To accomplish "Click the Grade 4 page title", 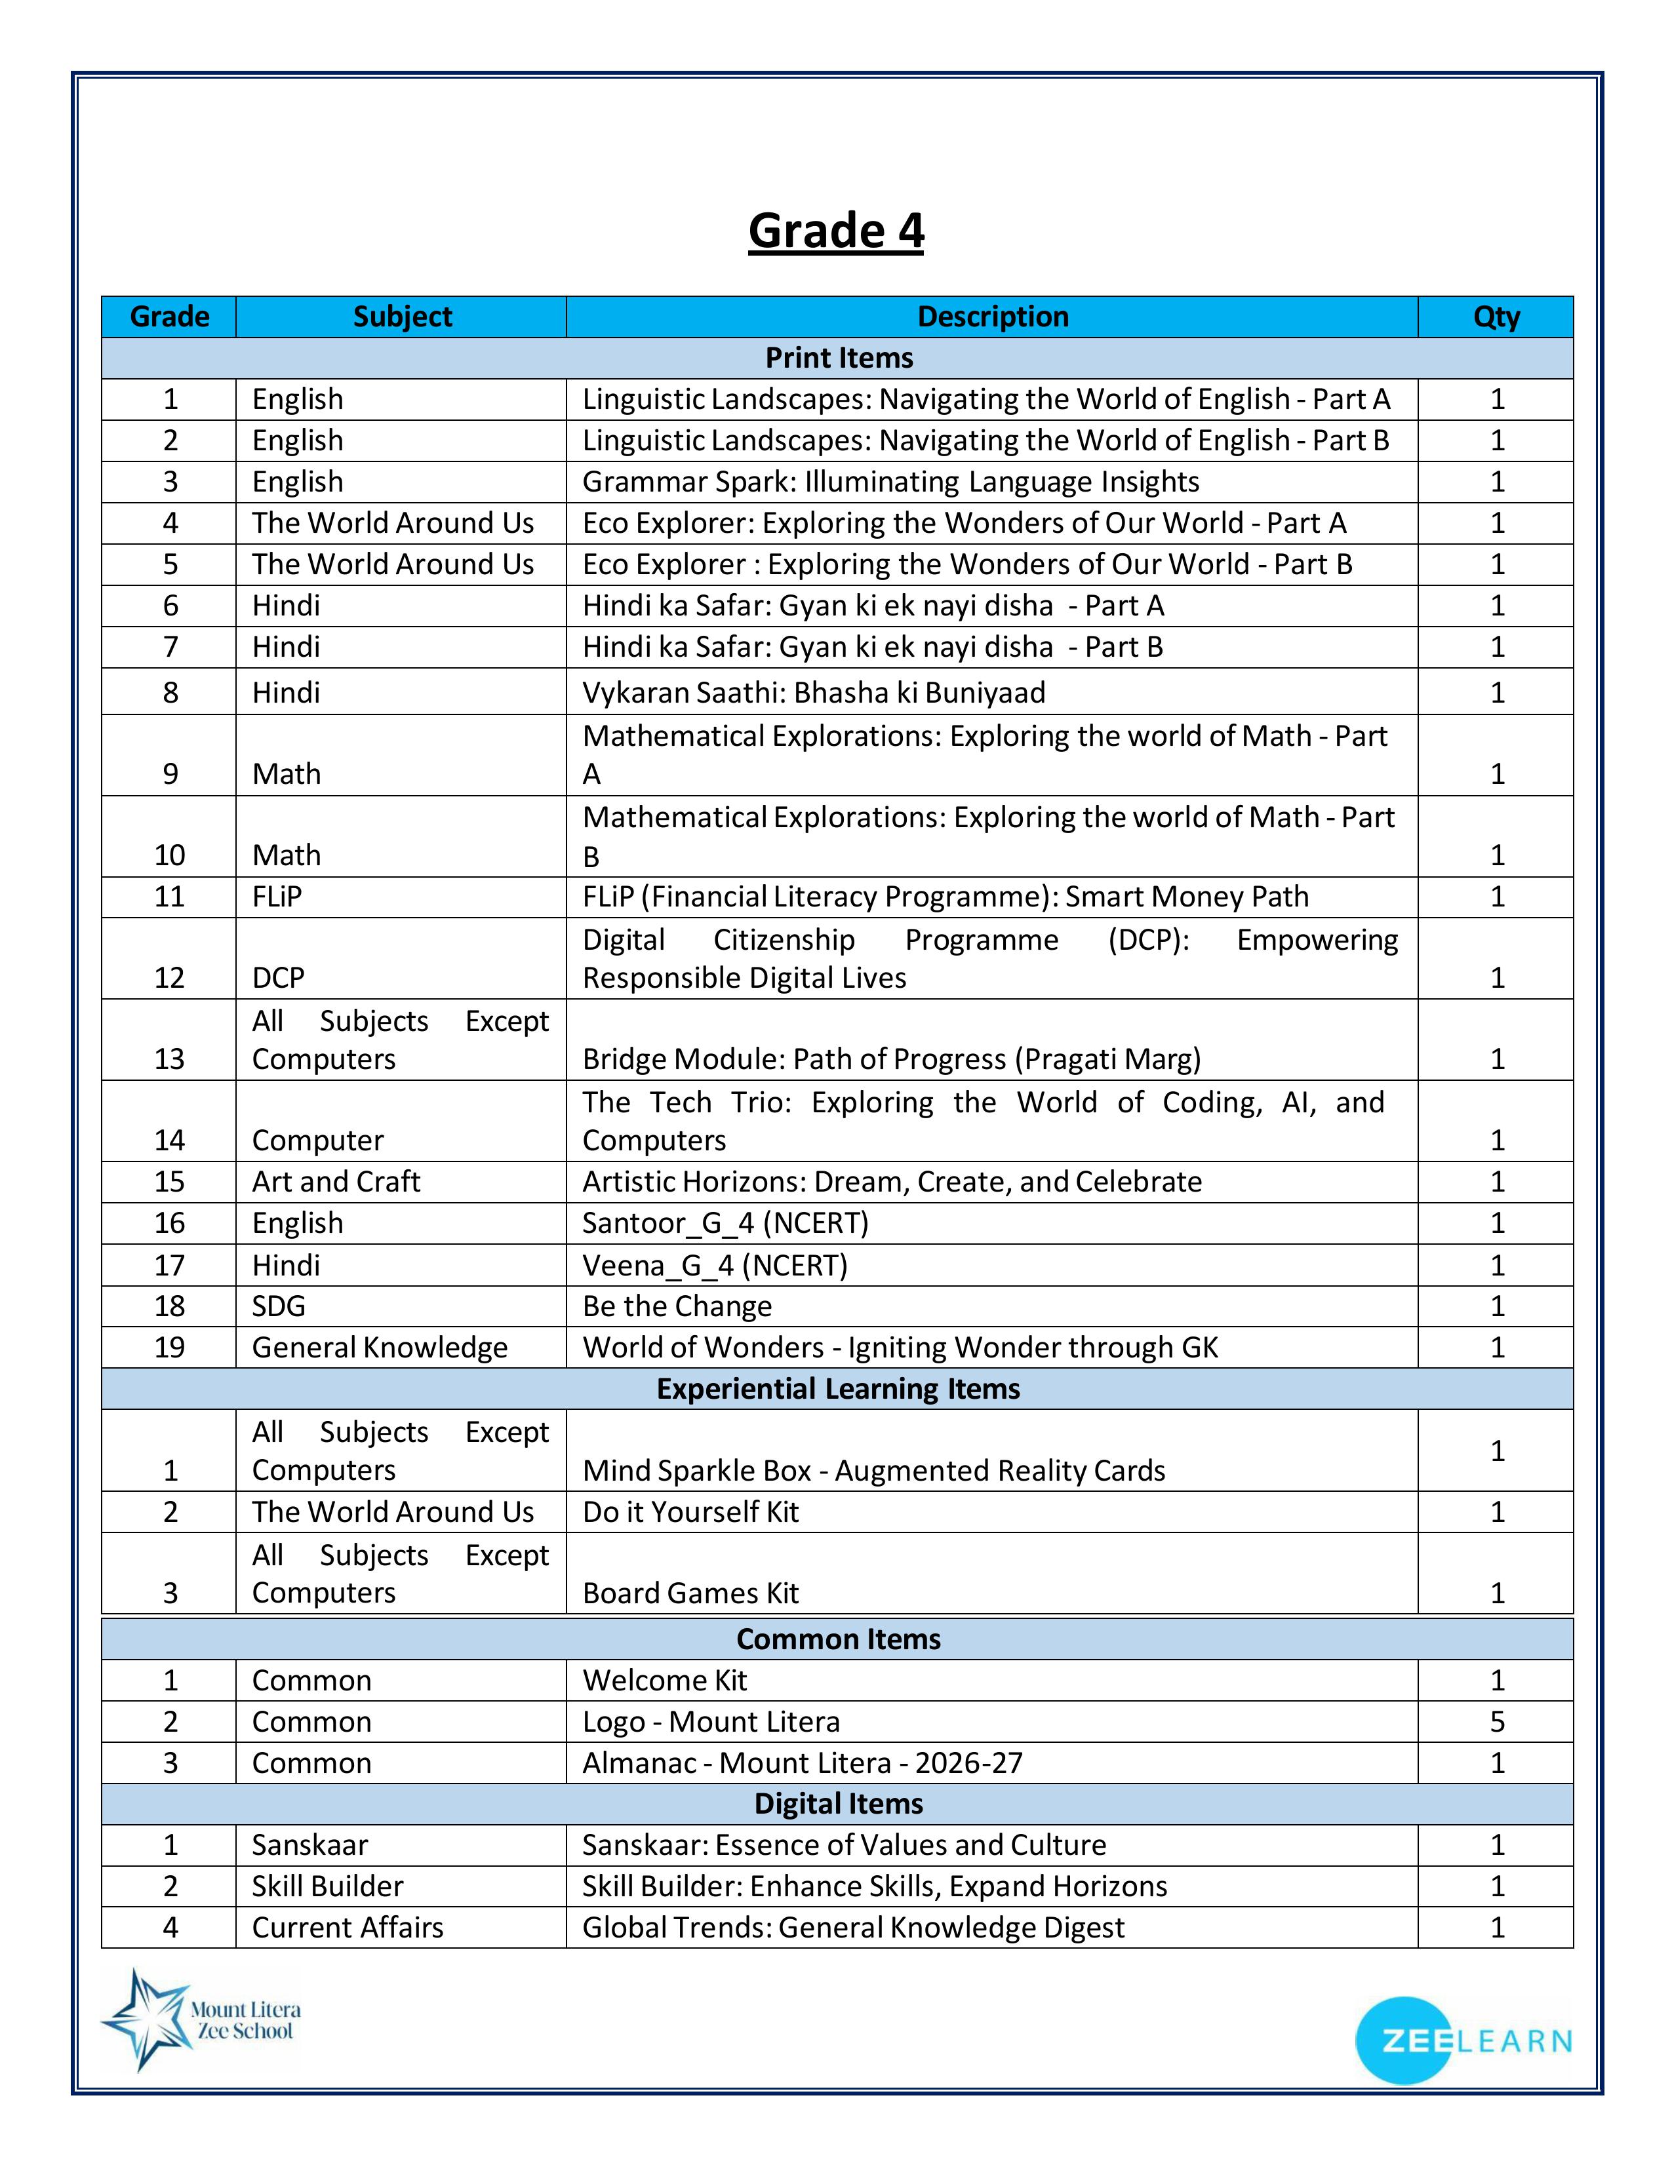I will [836, 231].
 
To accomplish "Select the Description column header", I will [993, 317].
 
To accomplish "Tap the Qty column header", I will [1496, 317].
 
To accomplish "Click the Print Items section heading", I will [838, 357].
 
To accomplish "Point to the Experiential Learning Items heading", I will [838, 1388].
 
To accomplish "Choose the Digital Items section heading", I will [838, 1804].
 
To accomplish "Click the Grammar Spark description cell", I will [890, 481].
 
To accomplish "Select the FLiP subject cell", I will [277, 896].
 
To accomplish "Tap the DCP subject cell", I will [278, 977].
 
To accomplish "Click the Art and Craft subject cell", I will [336, 1182].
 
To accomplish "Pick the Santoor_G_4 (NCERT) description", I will [725, 1223].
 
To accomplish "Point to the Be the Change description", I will [677, 1306].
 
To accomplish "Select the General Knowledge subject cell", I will [380, 1347].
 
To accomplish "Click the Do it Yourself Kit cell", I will [690, 1512].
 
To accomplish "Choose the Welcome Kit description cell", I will [665, 1681].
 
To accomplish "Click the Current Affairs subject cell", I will [348, 1927].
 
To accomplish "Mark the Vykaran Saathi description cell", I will [813, 692].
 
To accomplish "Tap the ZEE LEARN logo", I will [1462, 2041].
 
